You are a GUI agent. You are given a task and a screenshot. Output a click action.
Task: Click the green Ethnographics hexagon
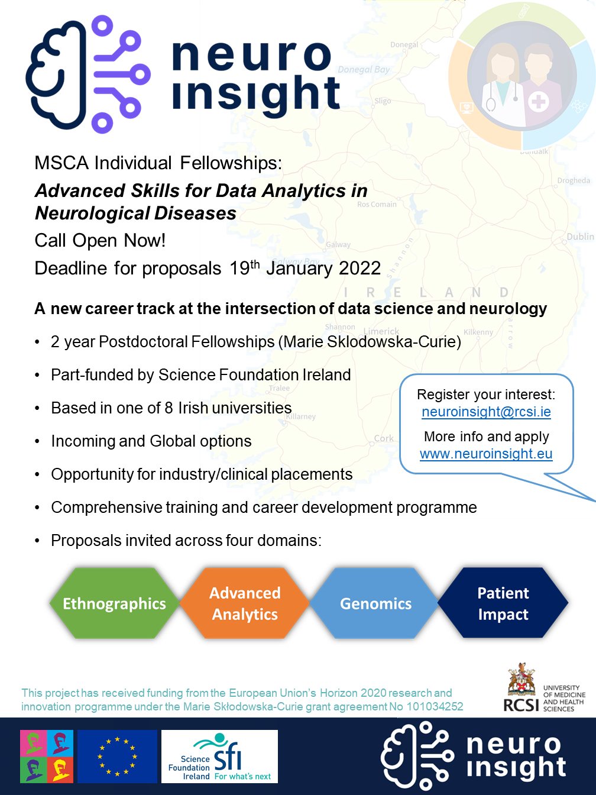114,603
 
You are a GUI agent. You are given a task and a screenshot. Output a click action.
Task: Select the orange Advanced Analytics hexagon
245,603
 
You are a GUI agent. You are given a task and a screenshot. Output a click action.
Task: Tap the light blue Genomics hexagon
375,603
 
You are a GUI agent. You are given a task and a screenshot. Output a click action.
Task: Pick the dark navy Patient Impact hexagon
503,603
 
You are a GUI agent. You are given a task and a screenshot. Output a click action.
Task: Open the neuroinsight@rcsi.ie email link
486,412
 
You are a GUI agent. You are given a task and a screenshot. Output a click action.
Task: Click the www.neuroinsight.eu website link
486,454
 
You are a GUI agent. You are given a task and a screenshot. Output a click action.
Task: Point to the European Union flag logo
117,757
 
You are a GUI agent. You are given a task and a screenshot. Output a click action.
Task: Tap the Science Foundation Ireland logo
219,757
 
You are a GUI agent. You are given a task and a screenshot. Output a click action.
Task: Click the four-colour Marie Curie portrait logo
47,757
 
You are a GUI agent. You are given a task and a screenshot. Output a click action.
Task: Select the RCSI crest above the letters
521,680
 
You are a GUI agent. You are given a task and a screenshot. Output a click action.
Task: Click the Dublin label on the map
580,237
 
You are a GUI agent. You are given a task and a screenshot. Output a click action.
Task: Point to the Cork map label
384,438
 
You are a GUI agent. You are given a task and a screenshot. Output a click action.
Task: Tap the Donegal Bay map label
364,70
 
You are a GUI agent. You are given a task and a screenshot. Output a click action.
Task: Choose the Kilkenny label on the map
478,332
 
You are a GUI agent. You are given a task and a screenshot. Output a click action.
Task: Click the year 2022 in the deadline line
359,269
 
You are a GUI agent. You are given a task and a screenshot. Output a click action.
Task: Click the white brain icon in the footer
417,757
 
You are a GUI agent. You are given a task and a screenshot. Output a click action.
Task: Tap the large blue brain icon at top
88,74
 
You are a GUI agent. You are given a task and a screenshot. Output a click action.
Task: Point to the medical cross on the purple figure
538,102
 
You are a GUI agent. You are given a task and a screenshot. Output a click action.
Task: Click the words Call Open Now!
100,241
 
